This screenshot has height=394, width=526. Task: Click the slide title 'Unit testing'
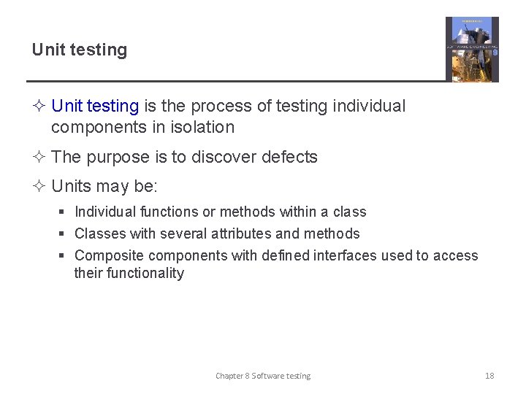[x=79, y=50]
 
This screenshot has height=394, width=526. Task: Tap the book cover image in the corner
[x=472, y=49]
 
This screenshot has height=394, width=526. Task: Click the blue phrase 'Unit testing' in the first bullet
[x=95, y=106]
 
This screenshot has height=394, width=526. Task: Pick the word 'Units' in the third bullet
[x=72, y=186]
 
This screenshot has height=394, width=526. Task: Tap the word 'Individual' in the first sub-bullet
[x=105, y=212]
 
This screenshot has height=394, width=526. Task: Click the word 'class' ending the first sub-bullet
[x=349, y=212]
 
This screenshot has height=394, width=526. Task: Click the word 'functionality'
[x=129, y=273]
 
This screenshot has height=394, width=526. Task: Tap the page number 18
[x=489, y=376]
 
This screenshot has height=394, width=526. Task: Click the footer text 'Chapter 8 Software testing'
[x=263, y=376]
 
